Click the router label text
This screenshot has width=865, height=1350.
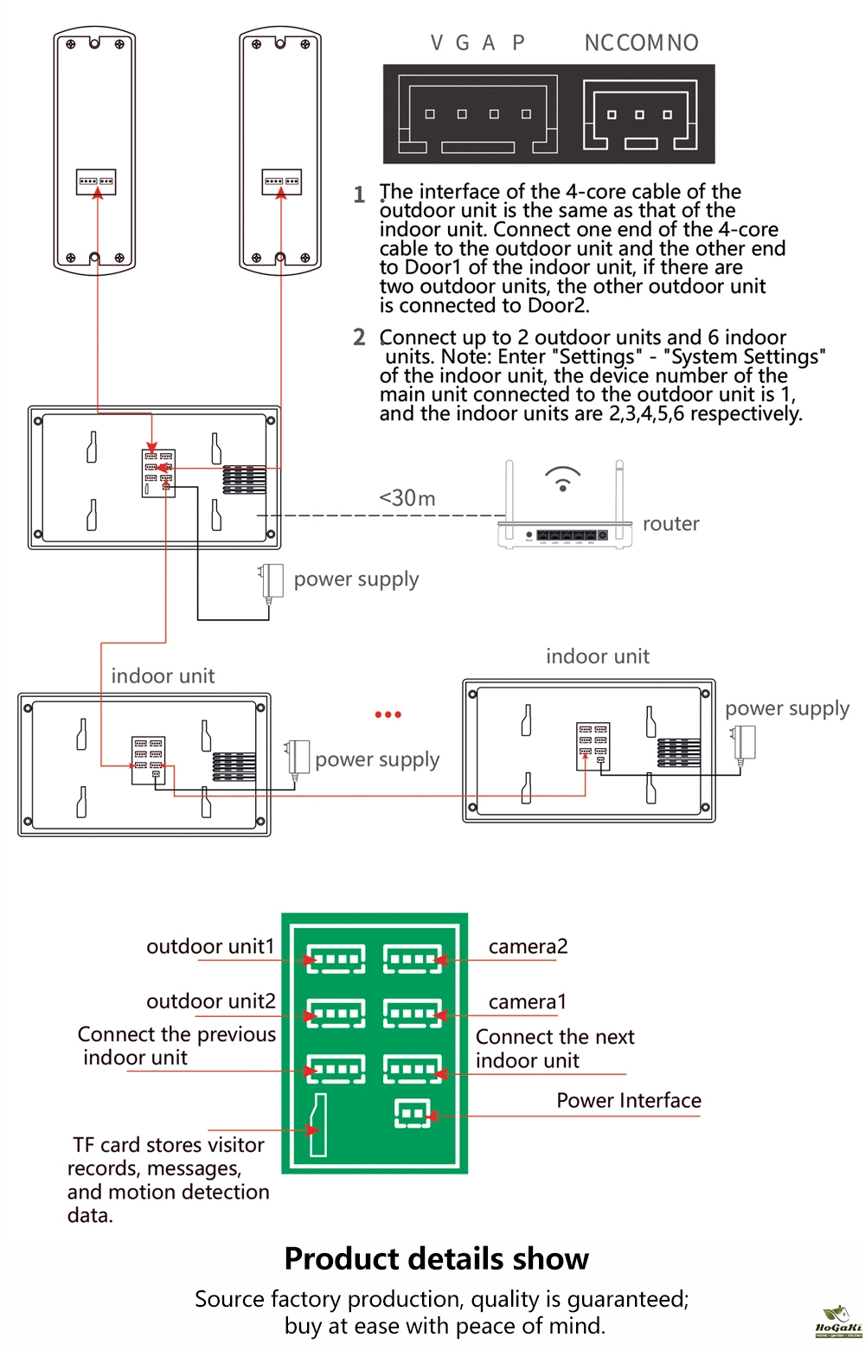[670, 524]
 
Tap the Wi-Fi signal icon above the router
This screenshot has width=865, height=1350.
[562, 478]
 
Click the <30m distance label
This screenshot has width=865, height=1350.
[407, 498]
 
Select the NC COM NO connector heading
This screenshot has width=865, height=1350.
[641, 43]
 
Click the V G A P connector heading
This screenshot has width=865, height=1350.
[477, 43]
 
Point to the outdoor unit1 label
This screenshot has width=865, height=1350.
[210, 947]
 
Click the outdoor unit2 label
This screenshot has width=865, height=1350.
[211, 1001]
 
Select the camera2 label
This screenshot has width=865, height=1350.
[528, 947]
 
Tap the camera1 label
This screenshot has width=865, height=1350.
[528, 1002]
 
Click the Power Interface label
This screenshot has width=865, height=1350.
[629, 1101]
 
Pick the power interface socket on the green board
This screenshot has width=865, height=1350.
[412, 1113]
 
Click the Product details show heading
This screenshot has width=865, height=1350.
[437, 1259]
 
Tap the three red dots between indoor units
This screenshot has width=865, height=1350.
[388, 714]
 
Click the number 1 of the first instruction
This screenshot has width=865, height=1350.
[359, 195]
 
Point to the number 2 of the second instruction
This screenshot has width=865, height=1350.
[359, 337]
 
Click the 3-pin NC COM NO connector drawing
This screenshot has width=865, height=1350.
[640, 115]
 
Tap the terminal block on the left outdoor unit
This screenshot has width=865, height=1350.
[97, 182]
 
